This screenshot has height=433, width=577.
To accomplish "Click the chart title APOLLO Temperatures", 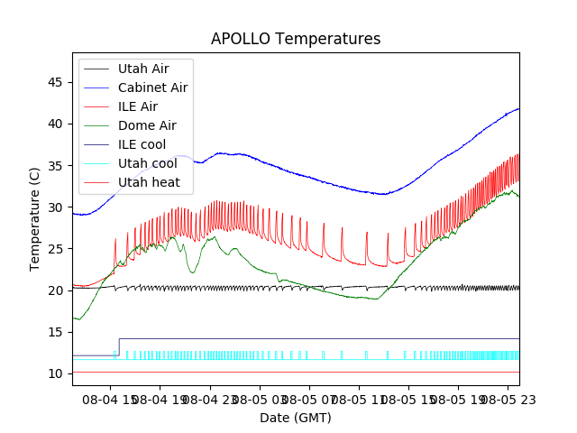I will pyautogui.click(x=296, y=39).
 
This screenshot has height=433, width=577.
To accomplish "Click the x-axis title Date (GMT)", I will pyautogui.click(x=296, y=418).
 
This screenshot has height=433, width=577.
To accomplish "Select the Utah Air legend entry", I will pyautogui.click(x=142, y=69).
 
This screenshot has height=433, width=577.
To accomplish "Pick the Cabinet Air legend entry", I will pyautogui.click(x=152, y=88).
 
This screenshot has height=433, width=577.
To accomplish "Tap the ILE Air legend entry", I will pyautogui.click(x=137, y=106).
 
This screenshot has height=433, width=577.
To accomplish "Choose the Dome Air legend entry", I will pyautogui.click(x=146, y=125).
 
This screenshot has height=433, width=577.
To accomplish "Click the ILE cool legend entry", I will pyautogui.click(x=142, y=144).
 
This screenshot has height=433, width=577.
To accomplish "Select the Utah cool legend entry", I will pyautogui.click(x=146, y=163).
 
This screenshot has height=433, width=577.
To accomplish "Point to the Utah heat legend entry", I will pyautogui.click(x=148, y=182).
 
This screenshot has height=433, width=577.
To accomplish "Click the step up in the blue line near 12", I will pyautogui.click(x=119, y=347).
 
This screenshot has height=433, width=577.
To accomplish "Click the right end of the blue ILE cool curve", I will pyautogui.click(x=518, y=108).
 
